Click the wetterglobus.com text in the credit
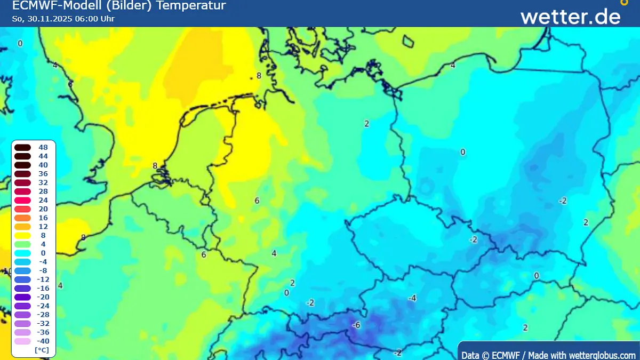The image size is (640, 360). [x=602, y=355]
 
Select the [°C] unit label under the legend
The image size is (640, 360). [x=42, y=350]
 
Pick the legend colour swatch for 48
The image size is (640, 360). [x=22, y=148]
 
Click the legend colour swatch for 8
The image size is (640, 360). [x=22, y=235]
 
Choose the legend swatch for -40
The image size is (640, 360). [x=22, y=341]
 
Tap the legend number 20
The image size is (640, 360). [x=43, y=209]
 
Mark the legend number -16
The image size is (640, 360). [x=43, y=288]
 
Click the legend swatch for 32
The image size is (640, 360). [x=22, y=183]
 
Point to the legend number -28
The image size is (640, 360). [x=43, y=315]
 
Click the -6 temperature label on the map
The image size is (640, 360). [x=356, y=325]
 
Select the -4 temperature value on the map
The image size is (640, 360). [x=412, y=298]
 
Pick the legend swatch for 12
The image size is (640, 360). [x=22, y=227]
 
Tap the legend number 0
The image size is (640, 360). [x=43, y=253]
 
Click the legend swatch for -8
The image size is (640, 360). [x=22, y=270]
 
